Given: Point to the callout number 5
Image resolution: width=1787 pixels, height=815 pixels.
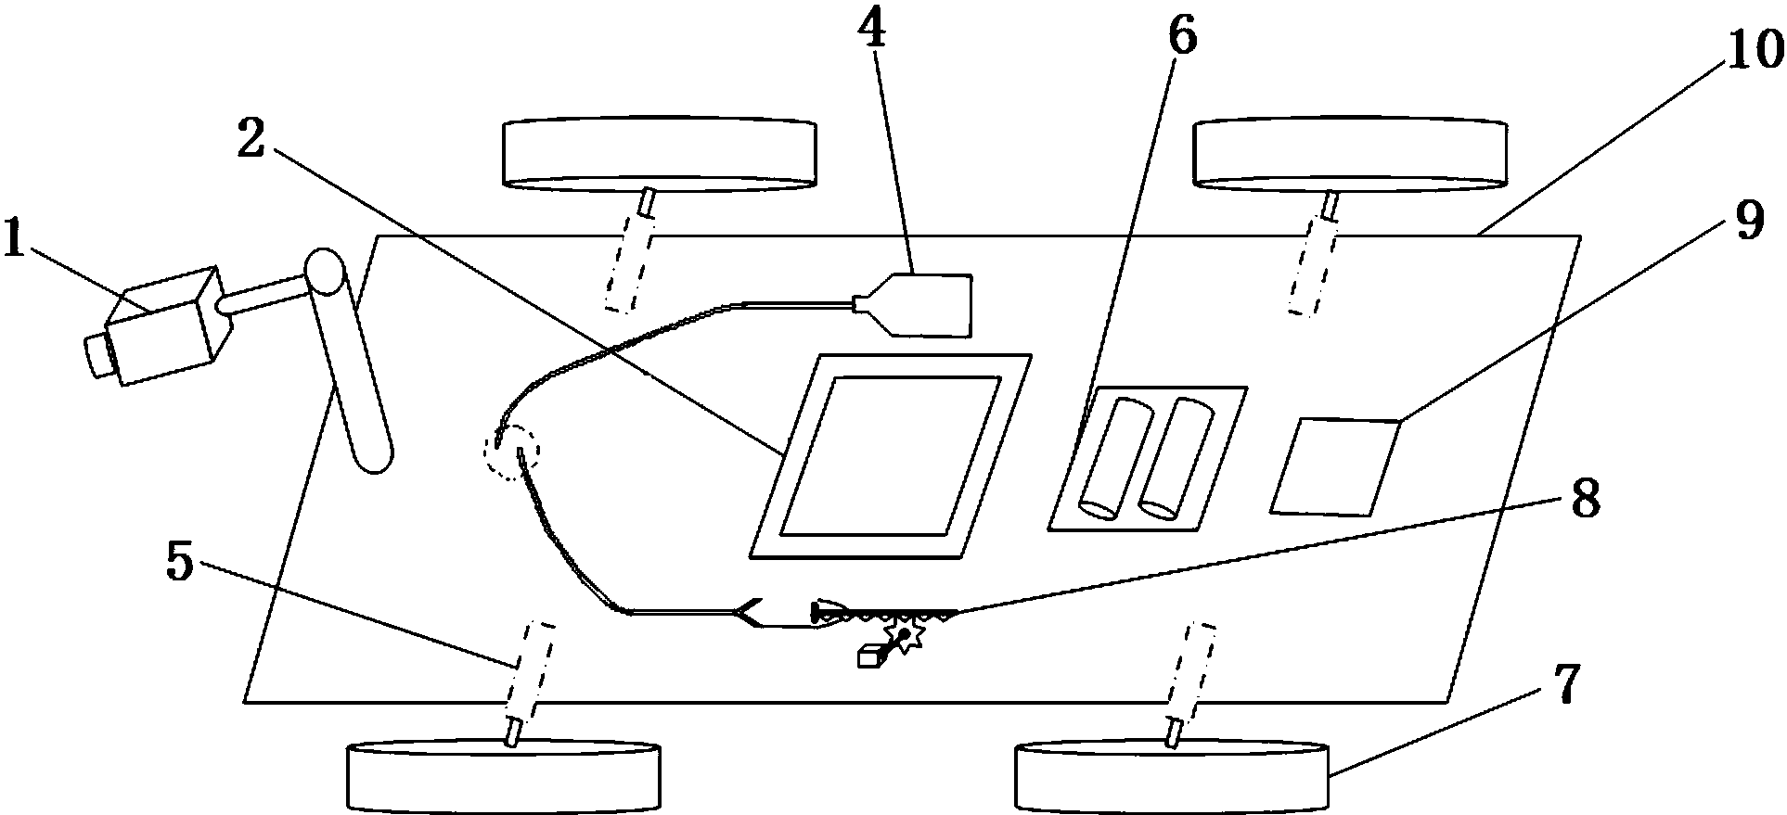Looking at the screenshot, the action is [x=180, y=562].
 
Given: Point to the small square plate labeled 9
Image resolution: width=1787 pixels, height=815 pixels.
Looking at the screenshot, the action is [x=1333, y=465].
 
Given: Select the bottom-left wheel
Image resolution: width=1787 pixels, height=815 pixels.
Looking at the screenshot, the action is [x=503, y=776].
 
